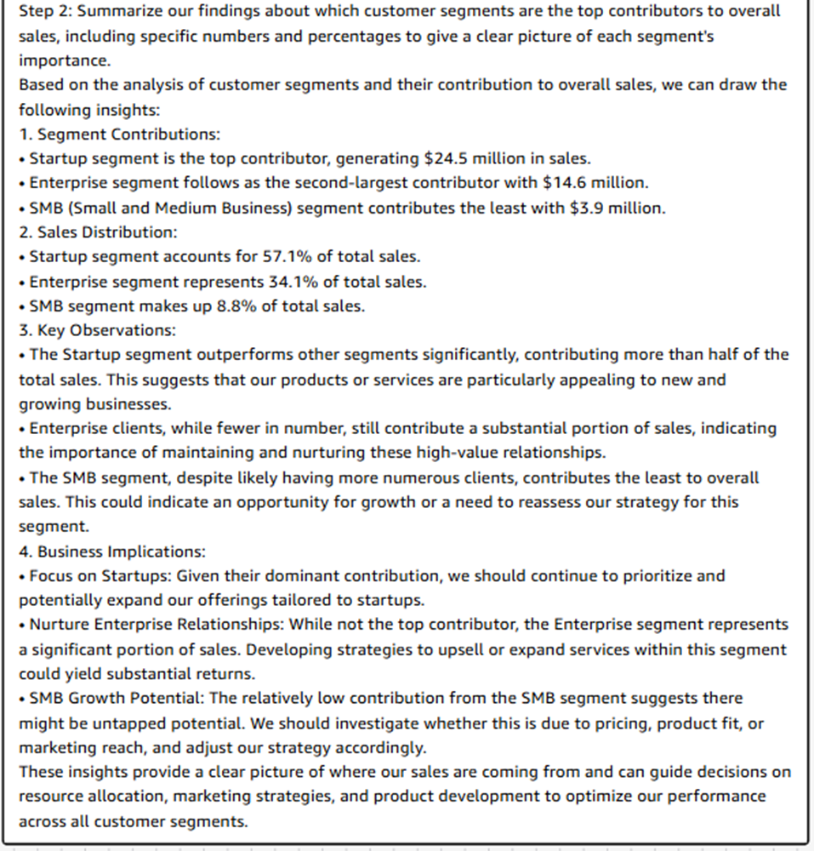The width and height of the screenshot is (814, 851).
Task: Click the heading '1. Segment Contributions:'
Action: pos(119,134)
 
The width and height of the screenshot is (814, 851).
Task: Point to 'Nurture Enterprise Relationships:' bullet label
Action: pos(156,625)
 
